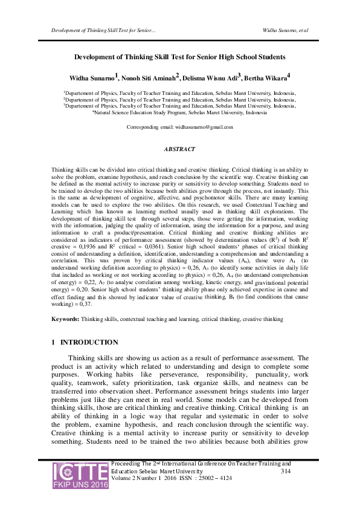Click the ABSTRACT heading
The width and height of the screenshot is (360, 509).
179,149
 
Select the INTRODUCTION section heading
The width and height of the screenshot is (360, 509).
89,342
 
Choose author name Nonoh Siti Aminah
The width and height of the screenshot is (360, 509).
148,77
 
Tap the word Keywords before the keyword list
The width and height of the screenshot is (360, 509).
65,318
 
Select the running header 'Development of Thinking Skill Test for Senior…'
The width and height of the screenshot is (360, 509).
104,30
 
